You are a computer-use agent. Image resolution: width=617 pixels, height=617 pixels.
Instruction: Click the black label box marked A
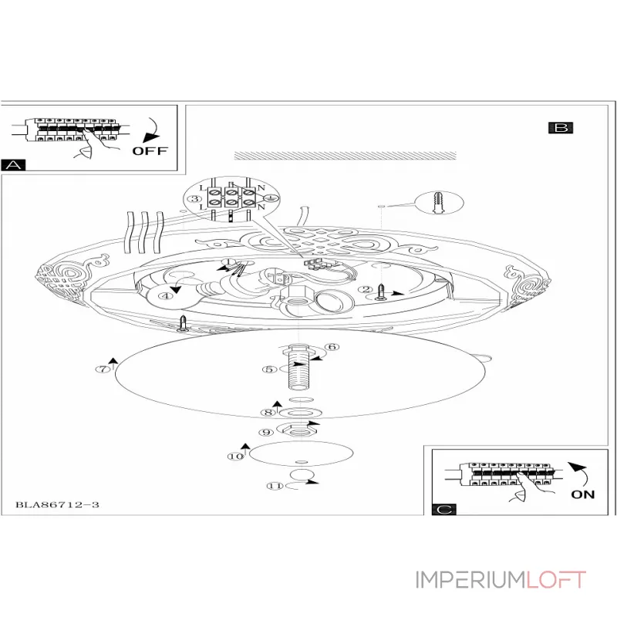pos(14,164)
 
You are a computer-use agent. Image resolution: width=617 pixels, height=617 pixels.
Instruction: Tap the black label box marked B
pos(561,128)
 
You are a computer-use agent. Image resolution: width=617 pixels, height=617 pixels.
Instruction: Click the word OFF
pos(149,150)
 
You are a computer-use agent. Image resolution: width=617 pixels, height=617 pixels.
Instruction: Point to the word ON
pos(583,494)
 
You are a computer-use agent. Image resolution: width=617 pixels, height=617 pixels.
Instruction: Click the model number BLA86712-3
pos(58,505)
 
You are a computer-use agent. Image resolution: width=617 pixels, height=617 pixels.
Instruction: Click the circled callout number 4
pos(164,295)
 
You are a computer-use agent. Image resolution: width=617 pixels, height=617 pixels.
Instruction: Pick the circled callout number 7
pos(103,369)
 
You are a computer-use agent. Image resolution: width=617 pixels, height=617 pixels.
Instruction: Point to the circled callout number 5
pos(269,369)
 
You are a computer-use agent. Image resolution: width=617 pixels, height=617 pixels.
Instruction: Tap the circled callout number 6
pos(332,347)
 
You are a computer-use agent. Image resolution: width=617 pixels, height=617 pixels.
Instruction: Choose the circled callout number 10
pos(234,457)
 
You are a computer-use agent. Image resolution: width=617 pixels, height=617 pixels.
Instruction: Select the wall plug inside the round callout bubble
pos(439,204)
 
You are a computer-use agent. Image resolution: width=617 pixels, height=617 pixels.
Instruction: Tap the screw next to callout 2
pos(381,292)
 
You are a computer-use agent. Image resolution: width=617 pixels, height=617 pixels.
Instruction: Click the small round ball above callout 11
pos(302,474)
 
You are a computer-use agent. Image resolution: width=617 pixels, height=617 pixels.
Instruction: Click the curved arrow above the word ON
pos(578,472)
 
